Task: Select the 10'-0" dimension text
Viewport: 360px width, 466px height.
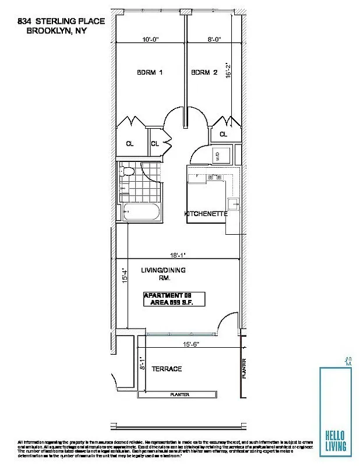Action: coord(150,40)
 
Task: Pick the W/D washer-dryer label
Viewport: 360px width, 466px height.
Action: coord(218,156)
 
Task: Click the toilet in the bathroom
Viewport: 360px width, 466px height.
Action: coord(128,171)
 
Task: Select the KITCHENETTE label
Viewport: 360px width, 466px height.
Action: coord(205,214)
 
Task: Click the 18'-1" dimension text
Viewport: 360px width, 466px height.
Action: coord(178,255)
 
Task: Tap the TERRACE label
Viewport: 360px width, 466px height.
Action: coord(167,369)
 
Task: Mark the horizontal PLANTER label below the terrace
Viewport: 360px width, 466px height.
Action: coord(179,394)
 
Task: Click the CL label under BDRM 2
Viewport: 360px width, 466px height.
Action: coord(223,135)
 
